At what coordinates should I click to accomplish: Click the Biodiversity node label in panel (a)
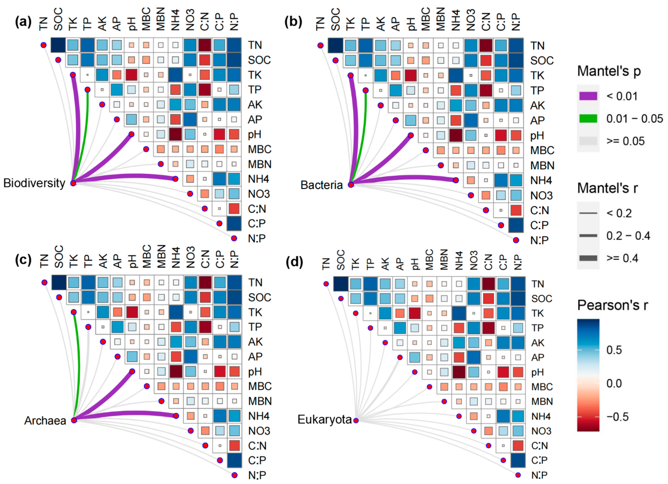[x=34, y=183]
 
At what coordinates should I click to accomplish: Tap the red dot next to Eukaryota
[x=356, y=420]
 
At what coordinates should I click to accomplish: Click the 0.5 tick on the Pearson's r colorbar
[x=614, y=350]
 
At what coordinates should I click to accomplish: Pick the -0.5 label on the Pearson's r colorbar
[x=617, y=417]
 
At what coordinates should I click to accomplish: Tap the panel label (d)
[x=294, y=262]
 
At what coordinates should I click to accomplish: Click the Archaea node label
[x=45, y=421]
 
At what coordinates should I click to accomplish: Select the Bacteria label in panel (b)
[x=321, y=185]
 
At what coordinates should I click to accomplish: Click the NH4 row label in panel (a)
[x=259, y=179]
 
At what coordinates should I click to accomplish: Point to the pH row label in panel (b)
[x=537, y=136]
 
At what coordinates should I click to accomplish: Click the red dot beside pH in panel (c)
[x=132, y=371]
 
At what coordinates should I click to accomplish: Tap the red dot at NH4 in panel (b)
[x=456, y=180]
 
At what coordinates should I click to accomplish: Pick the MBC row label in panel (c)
[x=260, y=386]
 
